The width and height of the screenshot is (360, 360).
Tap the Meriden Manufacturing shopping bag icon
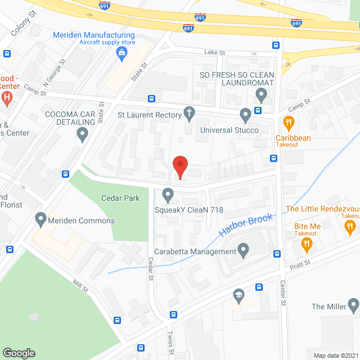(121, 53)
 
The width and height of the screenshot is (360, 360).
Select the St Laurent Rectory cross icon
(190, 115)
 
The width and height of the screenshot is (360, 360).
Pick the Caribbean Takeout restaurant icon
(289, 122)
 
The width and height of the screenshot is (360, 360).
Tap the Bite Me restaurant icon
(307, 243)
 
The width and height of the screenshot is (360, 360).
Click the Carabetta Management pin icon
(243, 249)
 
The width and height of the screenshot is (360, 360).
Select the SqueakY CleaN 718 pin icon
(168, 195)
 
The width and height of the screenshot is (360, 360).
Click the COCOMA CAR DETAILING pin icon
(83, 134)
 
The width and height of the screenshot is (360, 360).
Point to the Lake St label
(214, 53)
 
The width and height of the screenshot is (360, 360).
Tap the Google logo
(19, 353)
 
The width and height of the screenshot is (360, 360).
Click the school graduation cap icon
(238, 294)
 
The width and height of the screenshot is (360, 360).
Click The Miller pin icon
(353, 306)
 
